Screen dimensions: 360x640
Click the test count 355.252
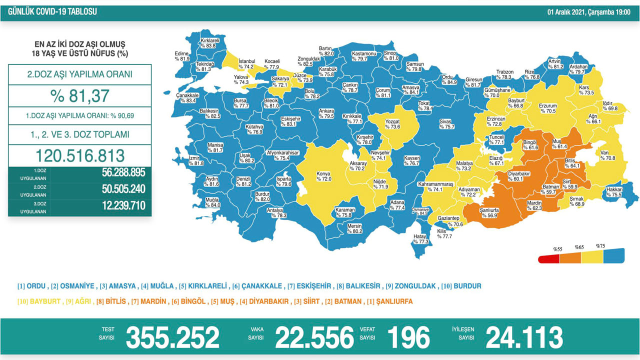point(172,337)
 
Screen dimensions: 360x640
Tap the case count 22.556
point(314,337)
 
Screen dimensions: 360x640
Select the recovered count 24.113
point(524,337)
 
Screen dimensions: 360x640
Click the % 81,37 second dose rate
point(79,95)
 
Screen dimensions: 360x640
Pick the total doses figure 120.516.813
point(79,155)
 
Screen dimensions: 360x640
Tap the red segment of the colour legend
point(549,259)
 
